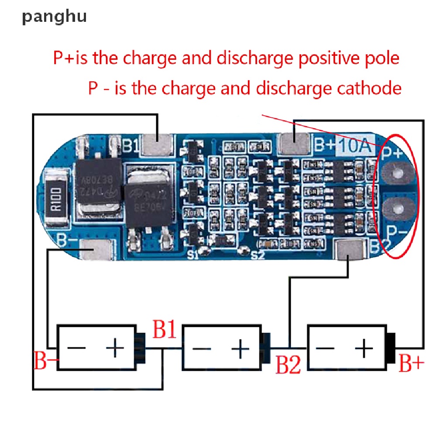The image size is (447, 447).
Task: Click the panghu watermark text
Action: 55,17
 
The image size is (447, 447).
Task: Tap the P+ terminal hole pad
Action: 396,173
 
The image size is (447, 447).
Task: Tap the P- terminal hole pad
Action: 396,209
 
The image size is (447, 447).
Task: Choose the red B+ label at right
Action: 411,363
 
